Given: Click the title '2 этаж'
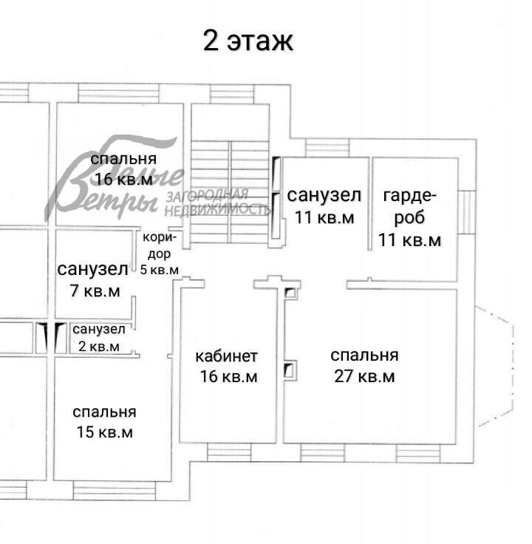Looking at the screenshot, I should [248, 41].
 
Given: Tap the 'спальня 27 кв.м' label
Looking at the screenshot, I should [364, 366].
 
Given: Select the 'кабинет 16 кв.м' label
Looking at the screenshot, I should [227, 367].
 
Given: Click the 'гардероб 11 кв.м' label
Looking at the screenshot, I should [410, 218].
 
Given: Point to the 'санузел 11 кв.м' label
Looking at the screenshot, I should [324, 206].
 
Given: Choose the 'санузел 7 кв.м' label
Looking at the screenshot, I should [92, 279].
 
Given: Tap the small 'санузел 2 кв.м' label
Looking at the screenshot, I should [98, 337].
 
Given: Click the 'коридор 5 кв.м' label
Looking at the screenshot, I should [160, 254].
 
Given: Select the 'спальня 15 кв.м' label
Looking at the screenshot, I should [104, 422].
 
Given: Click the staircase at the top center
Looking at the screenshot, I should [229, 177].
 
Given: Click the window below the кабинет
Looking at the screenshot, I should [228, 451].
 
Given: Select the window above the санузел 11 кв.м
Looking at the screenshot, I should [323, 149].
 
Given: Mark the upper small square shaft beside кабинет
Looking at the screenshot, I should [290, 293].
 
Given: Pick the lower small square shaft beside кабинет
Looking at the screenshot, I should [290, 369].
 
